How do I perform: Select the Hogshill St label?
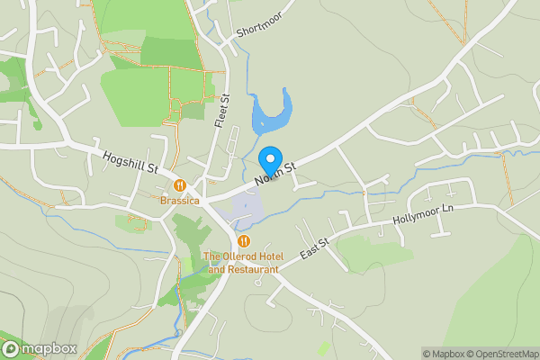(x=130, y=161)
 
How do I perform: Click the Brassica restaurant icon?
(x=180, y=184)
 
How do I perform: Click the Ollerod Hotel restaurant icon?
(x=244, y=241)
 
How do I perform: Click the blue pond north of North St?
(x=271, y=116)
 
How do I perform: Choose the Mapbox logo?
(x=40, y=348)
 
